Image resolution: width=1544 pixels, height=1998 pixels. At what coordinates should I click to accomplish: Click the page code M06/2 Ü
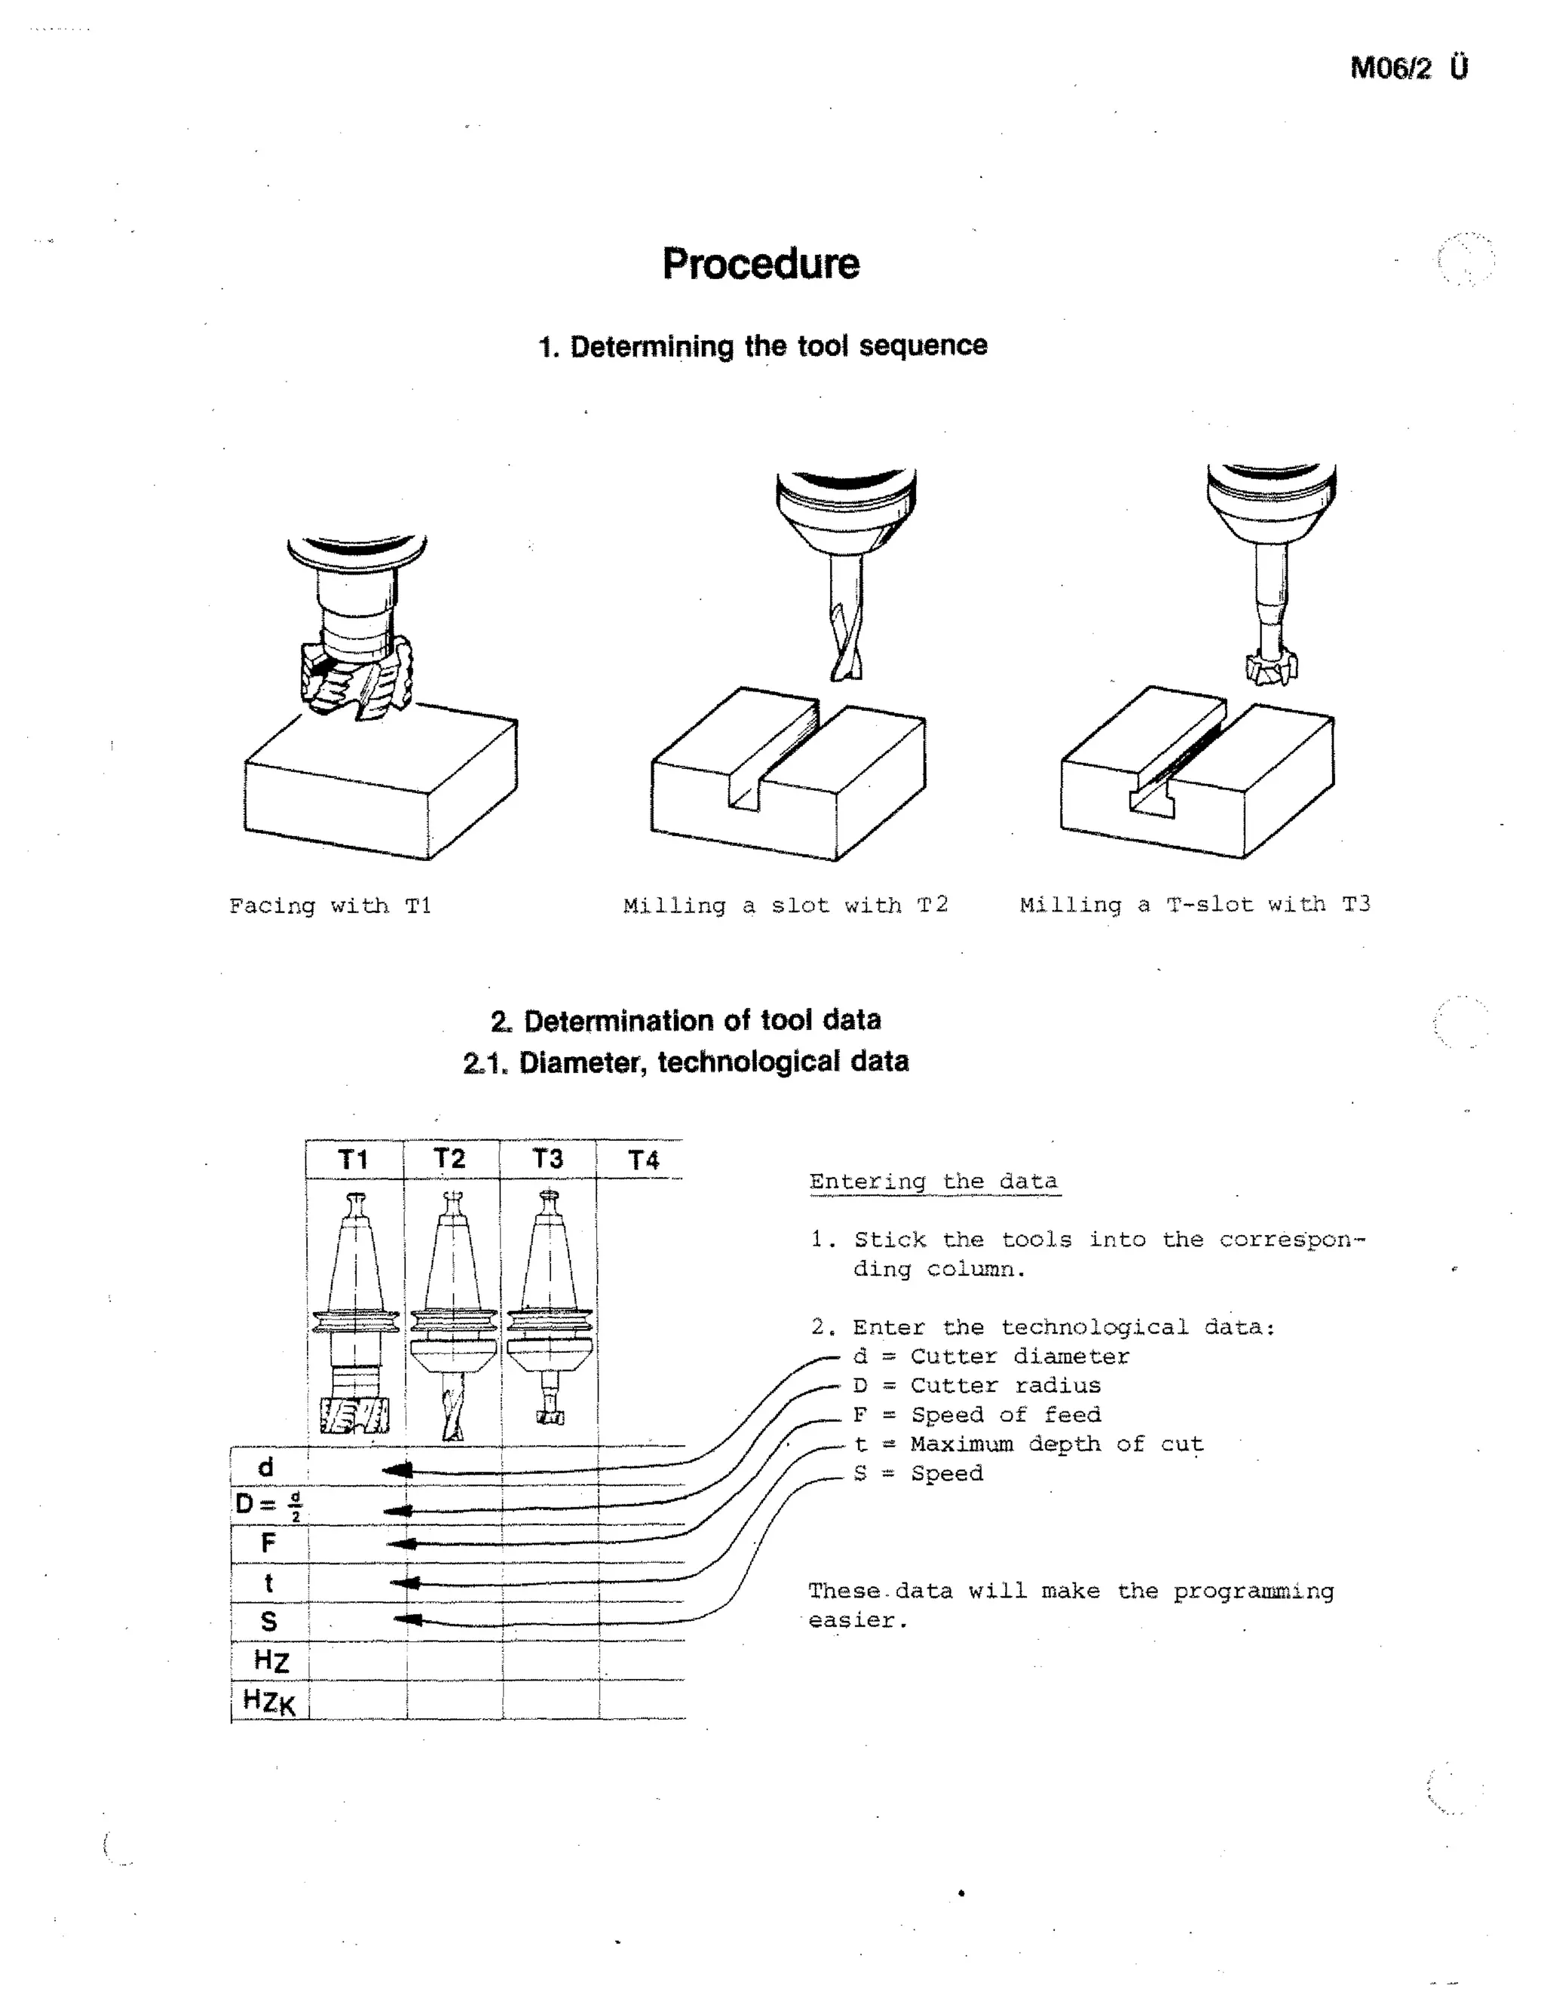point(1408,68)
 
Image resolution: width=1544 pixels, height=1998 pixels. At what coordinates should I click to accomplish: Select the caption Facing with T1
point(329,906)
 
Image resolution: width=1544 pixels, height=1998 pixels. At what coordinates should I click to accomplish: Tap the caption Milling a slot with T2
point(785,905)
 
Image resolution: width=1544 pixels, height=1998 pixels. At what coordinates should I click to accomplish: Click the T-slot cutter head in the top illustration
point(1271,667)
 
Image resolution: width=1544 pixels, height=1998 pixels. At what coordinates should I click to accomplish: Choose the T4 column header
point(643,1160)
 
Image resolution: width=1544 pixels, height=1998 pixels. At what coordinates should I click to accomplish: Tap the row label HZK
point(269,1701)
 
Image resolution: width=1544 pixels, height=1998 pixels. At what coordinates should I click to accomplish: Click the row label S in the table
point(268,1621)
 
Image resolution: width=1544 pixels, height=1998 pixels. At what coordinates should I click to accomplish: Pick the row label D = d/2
point(268,1505)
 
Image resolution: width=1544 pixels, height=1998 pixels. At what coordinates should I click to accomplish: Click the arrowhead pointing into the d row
point(398,1470)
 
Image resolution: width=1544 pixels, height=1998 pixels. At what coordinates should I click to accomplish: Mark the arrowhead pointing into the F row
point(403,1543)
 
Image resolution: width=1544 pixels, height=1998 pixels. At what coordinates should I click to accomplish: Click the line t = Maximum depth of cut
point(1028,1444)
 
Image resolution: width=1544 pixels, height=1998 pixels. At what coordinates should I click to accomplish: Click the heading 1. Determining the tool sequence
point(762,346)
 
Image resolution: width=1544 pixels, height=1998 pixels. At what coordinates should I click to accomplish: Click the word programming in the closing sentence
point(1253,1591)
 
